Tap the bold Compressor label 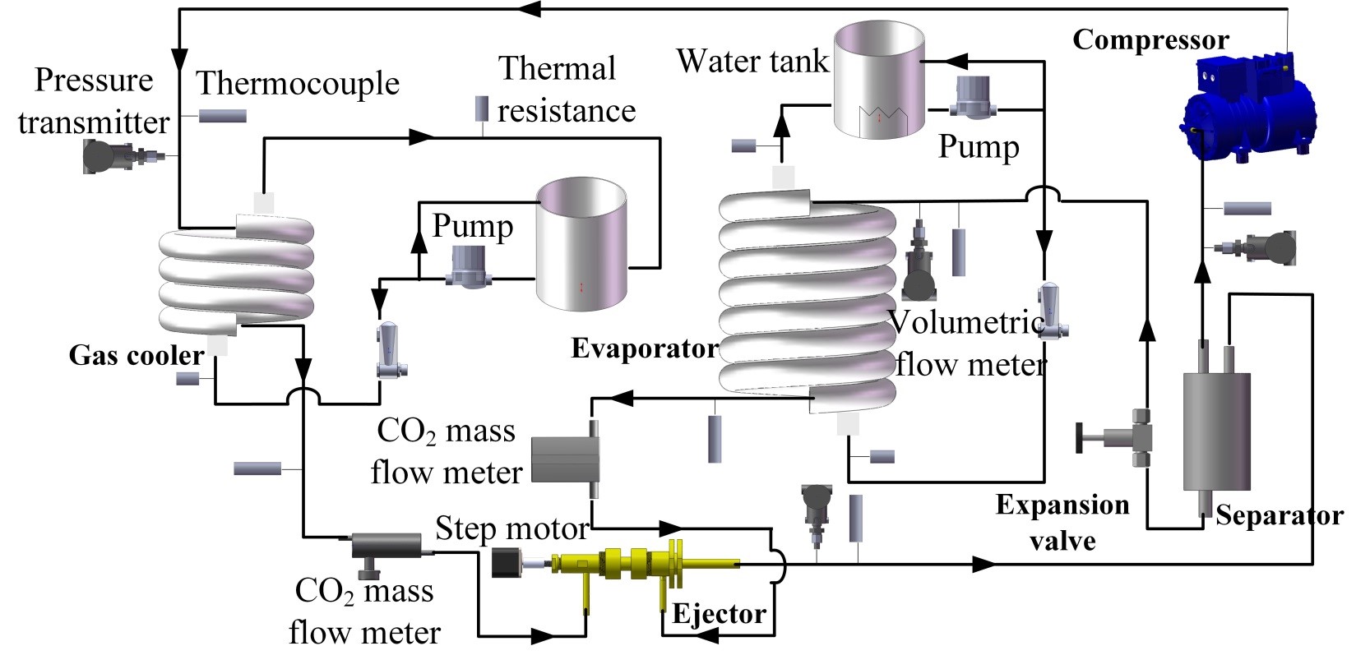tap(1150, 40)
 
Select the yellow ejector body tap(633, 565)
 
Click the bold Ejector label tap(719, 614)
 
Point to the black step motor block tap(505, 563)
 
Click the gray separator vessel tap(1216, 431)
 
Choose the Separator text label tap(1279, 516)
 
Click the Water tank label tap(752, 62)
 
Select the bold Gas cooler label tap(137, 355)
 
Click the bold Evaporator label tap(645, 348)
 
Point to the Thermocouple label tap(298, 83)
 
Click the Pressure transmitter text tap(94, 101)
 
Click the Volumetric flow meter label tap(970, 343)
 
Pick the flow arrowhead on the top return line tap(530, 9)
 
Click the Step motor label tap(511, 528)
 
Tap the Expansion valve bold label tap(1062, 523)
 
